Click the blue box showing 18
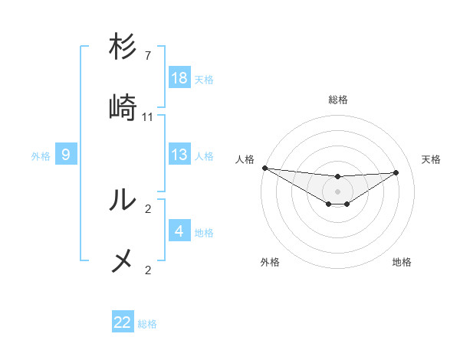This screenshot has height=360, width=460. [179, 78]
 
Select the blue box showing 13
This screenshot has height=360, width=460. [179, 155]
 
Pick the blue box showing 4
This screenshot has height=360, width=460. [179, 231]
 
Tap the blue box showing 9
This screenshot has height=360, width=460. [66, 155]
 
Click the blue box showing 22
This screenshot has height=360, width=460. [123, 322]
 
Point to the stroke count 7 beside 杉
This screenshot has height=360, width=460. [148, 56]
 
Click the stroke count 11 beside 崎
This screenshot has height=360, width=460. [148, 117]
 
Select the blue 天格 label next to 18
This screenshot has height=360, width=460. [204, 79]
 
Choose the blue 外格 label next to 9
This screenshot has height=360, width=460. [41, 156]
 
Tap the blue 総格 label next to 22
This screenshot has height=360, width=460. [147, 323]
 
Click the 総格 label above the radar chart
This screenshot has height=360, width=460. [338, 100]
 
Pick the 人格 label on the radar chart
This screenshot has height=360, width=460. [245, 159]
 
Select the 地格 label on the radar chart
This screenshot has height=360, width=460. [402, 262]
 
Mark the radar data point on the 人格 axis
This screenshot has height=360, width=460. [264, 168]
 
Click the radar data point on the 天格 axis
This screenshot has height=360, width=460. [396, 172]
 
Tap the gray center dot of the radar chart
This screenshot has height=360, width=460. [338, 191]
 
